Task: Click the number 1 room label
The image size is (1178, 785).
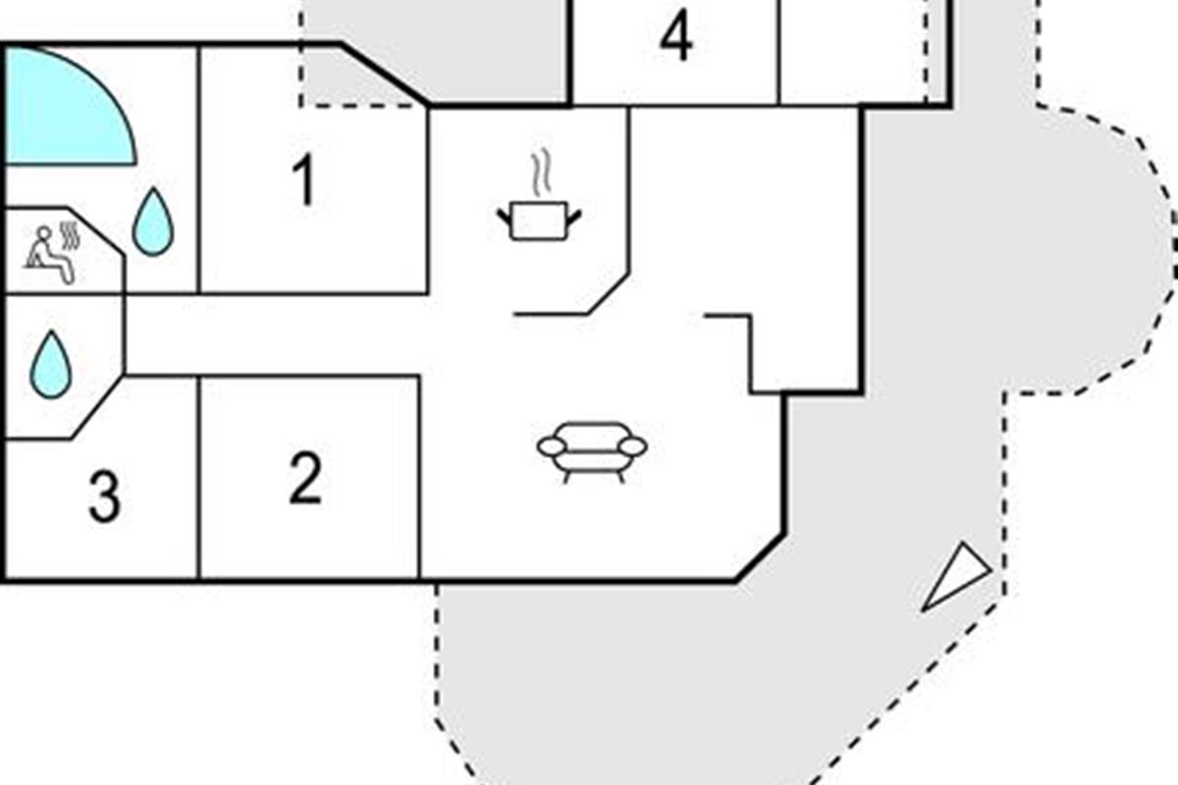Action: coord(304,181)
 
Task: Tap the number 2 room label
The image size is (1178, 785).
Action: coord(305,478)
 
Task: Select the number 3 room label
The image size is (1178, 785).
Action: coord(105,497)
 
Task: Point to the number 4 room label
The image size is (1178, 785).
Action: coord(676,35)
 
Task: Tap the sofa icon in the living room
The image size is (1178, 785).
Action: coord(592,452)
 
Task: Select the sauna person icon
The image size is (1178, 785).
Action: coord(50,255)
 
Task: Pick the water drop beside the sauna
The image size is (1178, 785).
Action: coord(152,222)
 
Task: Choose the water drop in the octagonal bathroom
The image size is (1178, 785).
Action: coord(50,364)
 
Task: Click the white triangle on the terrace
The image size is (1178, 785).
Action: coord(956,577)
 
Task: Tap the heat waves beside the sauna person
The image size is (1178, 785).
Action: coord(69,235)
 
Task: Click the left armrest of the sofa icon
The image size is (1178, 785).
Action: coord(552,446)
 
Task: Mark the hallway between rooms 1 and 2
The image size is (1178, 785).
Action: coord(274,335)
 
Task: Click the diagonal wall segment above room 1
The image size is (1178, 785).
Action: coord(385,74)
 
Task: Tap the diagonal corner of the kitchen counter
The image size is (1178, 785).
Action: coord(608,294)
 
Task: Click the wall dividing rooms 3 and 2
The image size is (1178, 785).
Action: coord(198,478)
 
